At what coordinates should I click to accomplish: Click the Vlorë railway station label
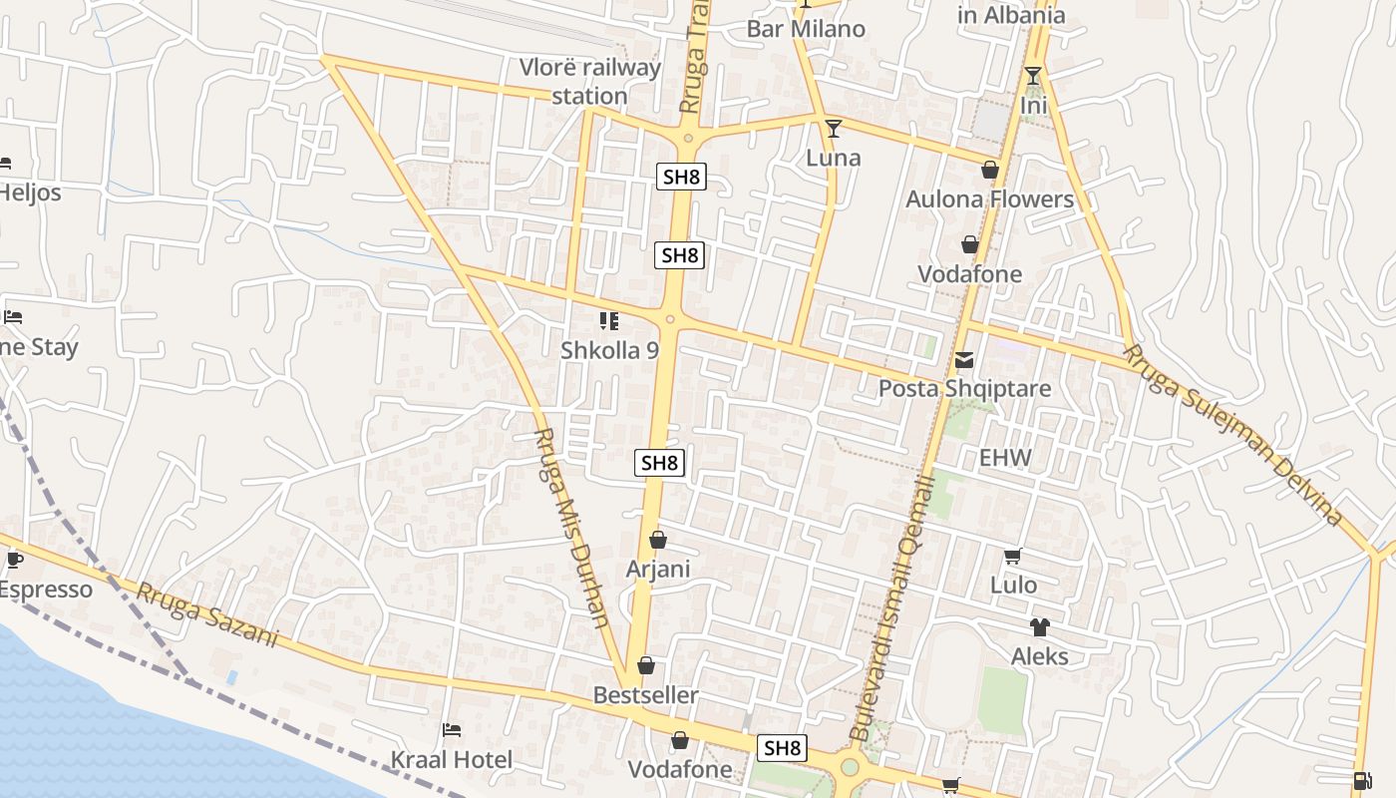coord(589,82)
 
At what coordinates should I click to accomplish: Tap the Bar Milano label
coord(806,28)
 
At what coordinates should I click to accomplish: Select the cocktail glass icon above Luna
coord(833,128)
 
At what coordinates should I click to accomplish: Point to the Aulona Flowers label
coord(989,199)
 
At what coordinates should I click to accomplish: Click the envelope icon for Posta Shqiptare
coord(964,360)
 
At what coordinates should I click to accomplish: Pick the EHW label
coord(1004,459)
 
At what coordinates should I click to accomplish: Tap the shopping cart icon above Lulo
coord(1013,557)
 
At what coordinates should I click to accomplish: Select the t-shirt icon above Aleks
coord(1039,627)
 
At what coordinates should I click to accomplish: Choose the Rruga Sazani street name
coord(206,614)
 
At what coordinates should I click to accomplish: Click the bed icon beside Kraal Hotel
coord(452,730)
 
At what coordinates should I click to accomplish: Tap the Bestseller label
coord(645,695)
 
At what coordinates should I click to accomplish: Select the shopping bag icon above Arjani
coord(657,541)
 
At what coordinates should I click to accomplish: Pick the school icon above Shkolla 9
coord(608,320)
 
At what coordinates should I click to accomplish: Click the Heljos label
coord(30,193)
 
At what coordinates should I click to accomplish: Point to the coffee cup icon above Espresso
coord(14,560)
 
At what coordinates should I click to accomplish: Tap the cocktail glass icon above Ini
coord(1033,76)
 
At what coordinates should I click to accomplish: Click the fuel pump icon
coord(1361,780)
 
